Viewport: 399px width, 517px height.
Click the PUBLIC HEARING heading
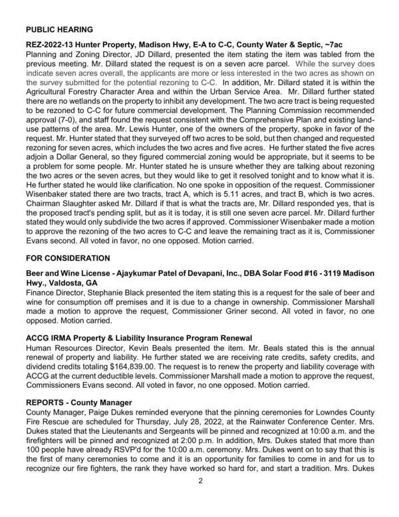(x=59, y=30)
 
